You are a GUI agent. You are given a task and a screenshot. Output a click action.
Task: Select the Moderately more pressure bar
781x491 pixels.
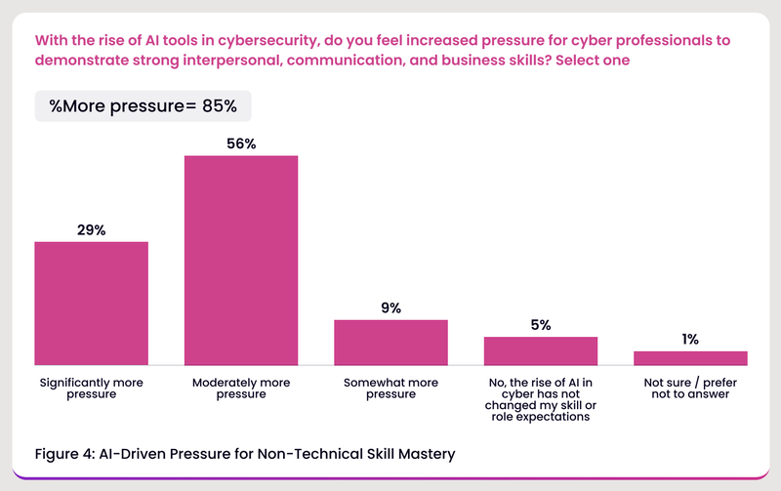(x=241, y=260)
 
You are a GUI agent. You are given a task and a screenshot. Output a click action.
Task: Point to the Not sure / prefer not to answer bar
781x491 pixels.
(x=690, y=357)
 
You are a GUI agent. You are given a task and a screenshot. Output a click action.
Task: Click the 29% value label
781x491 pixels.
(x=91, y=229)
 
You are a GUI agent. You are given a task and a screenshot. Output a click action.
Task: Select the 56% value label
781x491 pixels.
(x=241, y=143)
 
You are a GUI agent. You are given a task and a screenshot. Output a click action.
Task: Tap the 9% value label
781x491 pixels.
(x=390, y=307)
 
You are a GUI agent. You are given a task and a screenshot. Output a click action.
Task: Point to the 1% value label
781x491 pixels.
(x=690, y=340)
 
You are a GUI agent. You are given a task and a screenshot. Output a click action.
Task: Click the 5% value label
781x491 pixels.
(x=541, y=325)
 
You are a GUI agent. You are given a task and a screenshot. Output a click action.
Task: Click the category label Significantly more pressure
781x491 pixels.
(x=91, y=388)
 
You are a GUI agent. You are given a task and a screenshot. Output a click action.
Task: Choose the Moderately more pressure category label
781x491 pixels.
(x=241, y=388)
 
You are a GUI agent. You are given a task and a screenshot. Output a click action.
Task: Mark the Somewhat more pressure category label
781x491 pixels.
(x=390, y=388)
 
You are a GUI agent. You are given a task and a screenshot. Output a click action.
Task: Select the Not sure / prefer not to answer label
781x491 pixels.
(x=690, y=388)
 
